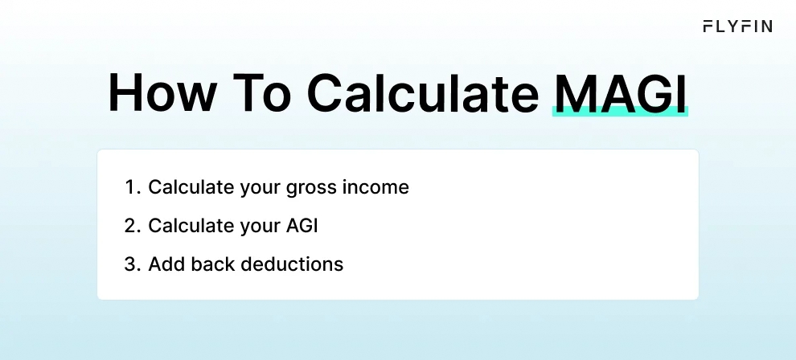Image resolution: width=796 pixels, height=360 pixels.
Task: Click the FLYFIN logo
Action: (x=737, y=27)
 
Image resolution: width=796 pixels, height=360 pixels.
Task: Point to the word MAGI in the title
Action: (x=621, y=94)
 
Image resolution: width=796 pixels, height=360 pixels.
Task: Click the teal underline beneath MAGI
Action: (x=621, y=113)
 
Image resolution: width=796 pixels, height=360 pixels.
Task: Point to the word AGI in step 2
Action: (x=302, y=226)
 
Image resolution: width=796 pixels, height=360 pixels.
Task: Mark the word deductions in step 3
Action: (x=293, y=264)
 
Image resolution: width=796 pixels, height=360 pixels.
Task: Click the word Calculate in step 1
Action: (x=187, y=188)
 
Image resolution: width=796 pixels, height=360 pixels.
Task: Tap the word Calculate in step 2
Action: (x=187, y=226)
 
